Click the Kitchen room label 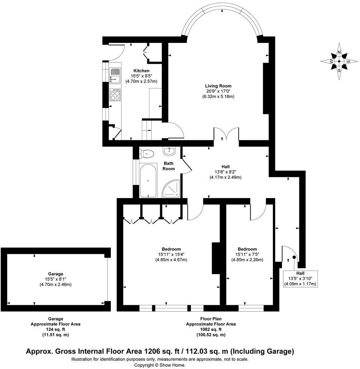click(x=141, y=71)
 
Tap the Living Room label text click(x=218, y=86)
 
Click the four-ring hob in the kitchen click(x=115, y=95)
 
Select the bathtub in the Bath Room click(x=148, y=181)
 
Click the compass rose click(x=339, y=61)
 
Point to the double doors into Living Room click(x=226, y=135)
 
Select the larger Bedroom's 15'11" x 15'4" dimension click(x=171, y=254)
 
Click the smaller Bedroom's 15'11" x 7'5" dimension click(x=247, y=254)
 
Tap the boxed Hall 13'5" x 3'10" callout click(x=300, y=279)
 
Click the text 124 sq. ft click(x=55, y=329)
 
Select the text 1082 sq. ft click(x=211, y=329)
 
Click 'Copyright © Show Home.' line click(x=160, y=365)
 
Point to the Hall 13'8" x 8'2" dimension click(x=225, y=172)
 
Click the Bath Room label click(x=168, y=166)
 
